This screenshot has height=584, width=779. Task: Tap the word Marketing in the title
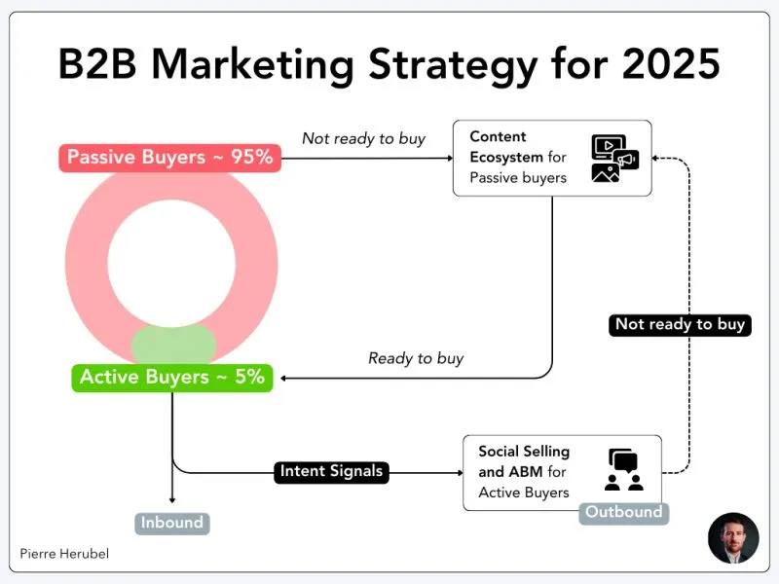click(257, 64)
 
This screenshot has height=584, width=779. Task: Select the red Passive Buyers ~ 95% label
click(169, 157)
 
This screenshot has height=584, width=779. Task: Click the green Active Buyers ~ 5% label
click(172, 377)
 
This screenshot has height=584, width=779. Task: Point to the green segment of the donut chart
click(172, 345)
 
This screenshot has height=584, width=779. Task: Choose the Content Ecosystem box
click(552, 158)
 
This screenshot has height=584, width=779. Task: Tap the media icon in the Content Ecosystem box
click(614, 159)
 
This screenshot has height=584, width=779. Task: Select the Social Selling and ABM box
click(562, 472)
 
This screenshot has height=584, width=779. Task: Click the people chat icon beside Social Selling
click(624, 470)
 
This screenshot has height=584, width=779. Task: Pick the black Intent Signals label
click(331, 472)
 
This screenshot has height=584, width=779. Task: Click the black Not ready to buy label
click(681, 324)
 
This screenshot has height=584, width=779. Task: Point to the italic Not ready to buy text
click(363, 138)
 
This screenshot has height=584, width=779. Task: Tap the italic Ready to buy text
click(416, 358)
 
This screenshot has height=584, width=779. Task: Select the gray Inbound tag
click(172, 523)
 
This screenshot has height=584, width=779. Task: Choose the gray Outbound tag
click(624, 512)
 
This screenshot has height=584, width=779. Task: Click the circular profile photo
click(732, 537)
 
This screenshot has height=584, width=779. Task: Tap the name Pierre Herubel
click(64, 553)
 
